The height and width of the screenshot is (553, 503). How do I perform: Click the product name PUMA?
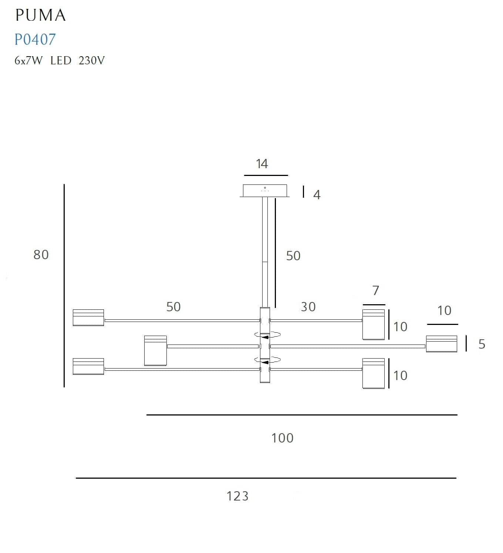pyautogui.click(x=41, y=16)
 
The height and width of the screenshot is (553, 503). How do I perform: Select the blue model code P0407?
pyautogui.click(x=35, y=40)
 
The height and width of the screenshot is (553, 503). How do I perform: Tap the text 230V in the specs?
pyautogui.click(x=91, y=60)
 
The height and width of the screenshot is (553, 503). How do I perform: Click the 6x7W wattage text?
pyautogui.click(x=28, y=60)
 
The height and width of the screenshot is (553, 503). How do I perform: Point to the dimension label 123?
pyautogui.click(x=237, y=496)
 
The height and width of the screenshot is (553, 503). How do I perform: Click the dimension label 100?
pyautogui.click(x=282, y=438)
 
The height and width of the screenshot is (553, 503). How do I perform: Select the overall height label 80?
pyautogui.click(x=41, y=255)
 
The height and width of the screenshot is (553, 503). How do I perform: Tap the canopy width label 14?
pyautogui.click(x=262, y=164)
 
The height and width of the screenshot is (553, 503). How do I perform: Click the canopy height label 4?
pyautogui.click(x=317, y=195)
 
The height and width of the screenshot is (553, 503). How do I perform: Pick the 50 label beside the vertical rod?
pyautogui.click(x=293, y=256)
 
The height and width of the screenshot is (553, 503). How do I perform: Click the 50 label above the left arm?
pyautogui.click(x=173, y=307)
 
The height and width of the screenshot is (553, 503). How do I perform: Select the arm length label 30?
pyautogui.click(x=308, y=307)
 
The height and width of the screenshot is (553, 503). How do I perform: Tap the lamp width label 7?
pyautogui.click(x=376, y=291)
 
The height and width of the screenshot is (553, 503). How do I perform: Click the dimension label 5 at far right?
pyautogui.click(x=482, y=344)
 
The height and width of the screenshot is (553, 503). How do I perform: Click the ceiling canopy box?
pyautogui.click(x=265, y=191)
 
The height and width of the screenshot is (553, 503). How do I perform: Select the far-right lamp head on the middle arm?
pyautogui.click(x=441, y=344)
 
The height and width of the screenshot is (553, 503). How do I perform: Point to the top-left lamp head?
pyautogui.click(x=88, y=318)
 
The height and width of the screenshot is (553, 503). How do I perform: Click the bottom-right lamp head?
pyautogui.click(x=374, y=373)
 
